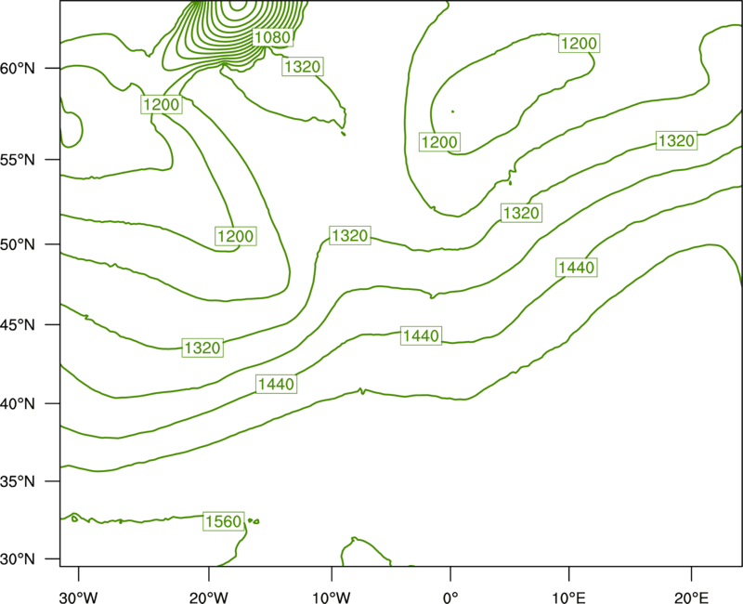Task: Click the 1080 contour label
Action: click(x=272, y=37)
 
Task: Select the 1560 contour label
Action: click(x=224, y=521)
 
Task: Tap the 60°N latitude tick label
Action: click(x=18, y=68)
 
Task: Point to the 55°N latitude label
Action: click(x=18, y=159)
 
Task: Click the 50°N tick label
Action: click(x=18, y=244)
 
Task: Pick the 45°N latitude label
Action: click(x=18, y=324)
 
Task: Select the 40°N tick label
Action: click(x=18, y=404)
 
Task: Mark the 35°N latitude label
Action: click(x=18, y=481)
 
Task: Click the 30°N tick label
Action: click(x=18, y=559)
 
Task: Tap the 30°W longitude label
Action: click(x=79, y=597)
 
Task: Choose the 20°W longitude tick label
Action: click(x=208, y=597)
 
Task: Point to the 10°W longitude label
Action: click(x=332, y=597)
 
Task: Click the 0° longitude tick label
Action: click(x=450, y=597)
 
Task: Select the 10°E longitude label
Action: click(x=568, y=597)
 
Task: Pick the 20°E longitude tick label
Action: click(x=691, y=597)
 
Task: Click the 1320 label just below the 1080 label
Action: click(x=303, y=66)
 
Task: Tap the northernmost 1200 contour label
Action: click(x=579, y=44)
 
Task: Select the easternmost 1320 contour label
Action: click(x=677, y=141)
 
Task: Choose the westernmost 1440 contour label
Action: click(x=276, y=384)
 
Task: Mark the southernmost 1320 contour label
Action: click(x=202, y=348)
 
